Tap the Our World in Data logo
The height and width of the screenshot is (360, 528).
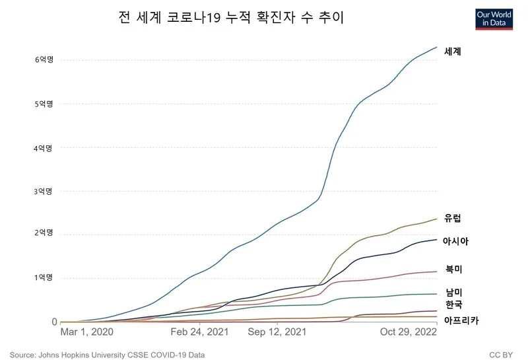click(x=494, y=18)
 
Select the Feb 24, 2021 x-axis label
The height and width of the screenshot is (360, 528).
click(x=199, y=331)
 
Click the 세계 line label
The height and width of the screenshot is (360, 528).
click(x=453, y=51)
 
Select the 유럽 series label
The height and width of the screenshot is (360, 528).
click(x=453, y=219)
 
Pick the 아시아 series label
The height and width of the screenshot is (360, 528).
click(x=456, y=241)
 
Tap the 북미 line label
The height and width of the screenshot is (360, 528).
click(x=453, y=269)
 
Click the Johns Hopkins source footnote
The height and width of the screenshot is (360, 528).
click(x=107, y=355)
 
